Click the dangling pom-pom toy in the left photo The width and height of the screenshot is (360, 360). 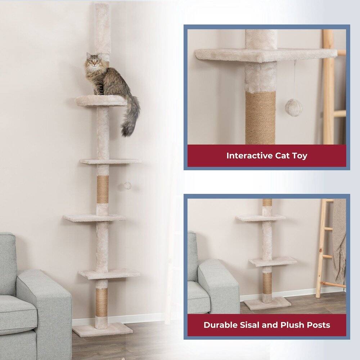(127, 185)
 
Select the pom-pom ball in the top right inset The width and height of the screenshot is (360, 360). (293, 107)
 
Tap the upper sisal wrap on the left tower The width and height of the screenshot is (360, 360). (103, 189)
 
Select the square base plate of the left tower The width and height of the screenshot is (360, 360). (103, 329)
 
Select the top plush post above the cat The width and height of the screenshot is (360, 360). (102, 25)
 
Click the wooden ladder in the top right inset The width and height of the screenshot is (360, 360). (328, 86)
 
